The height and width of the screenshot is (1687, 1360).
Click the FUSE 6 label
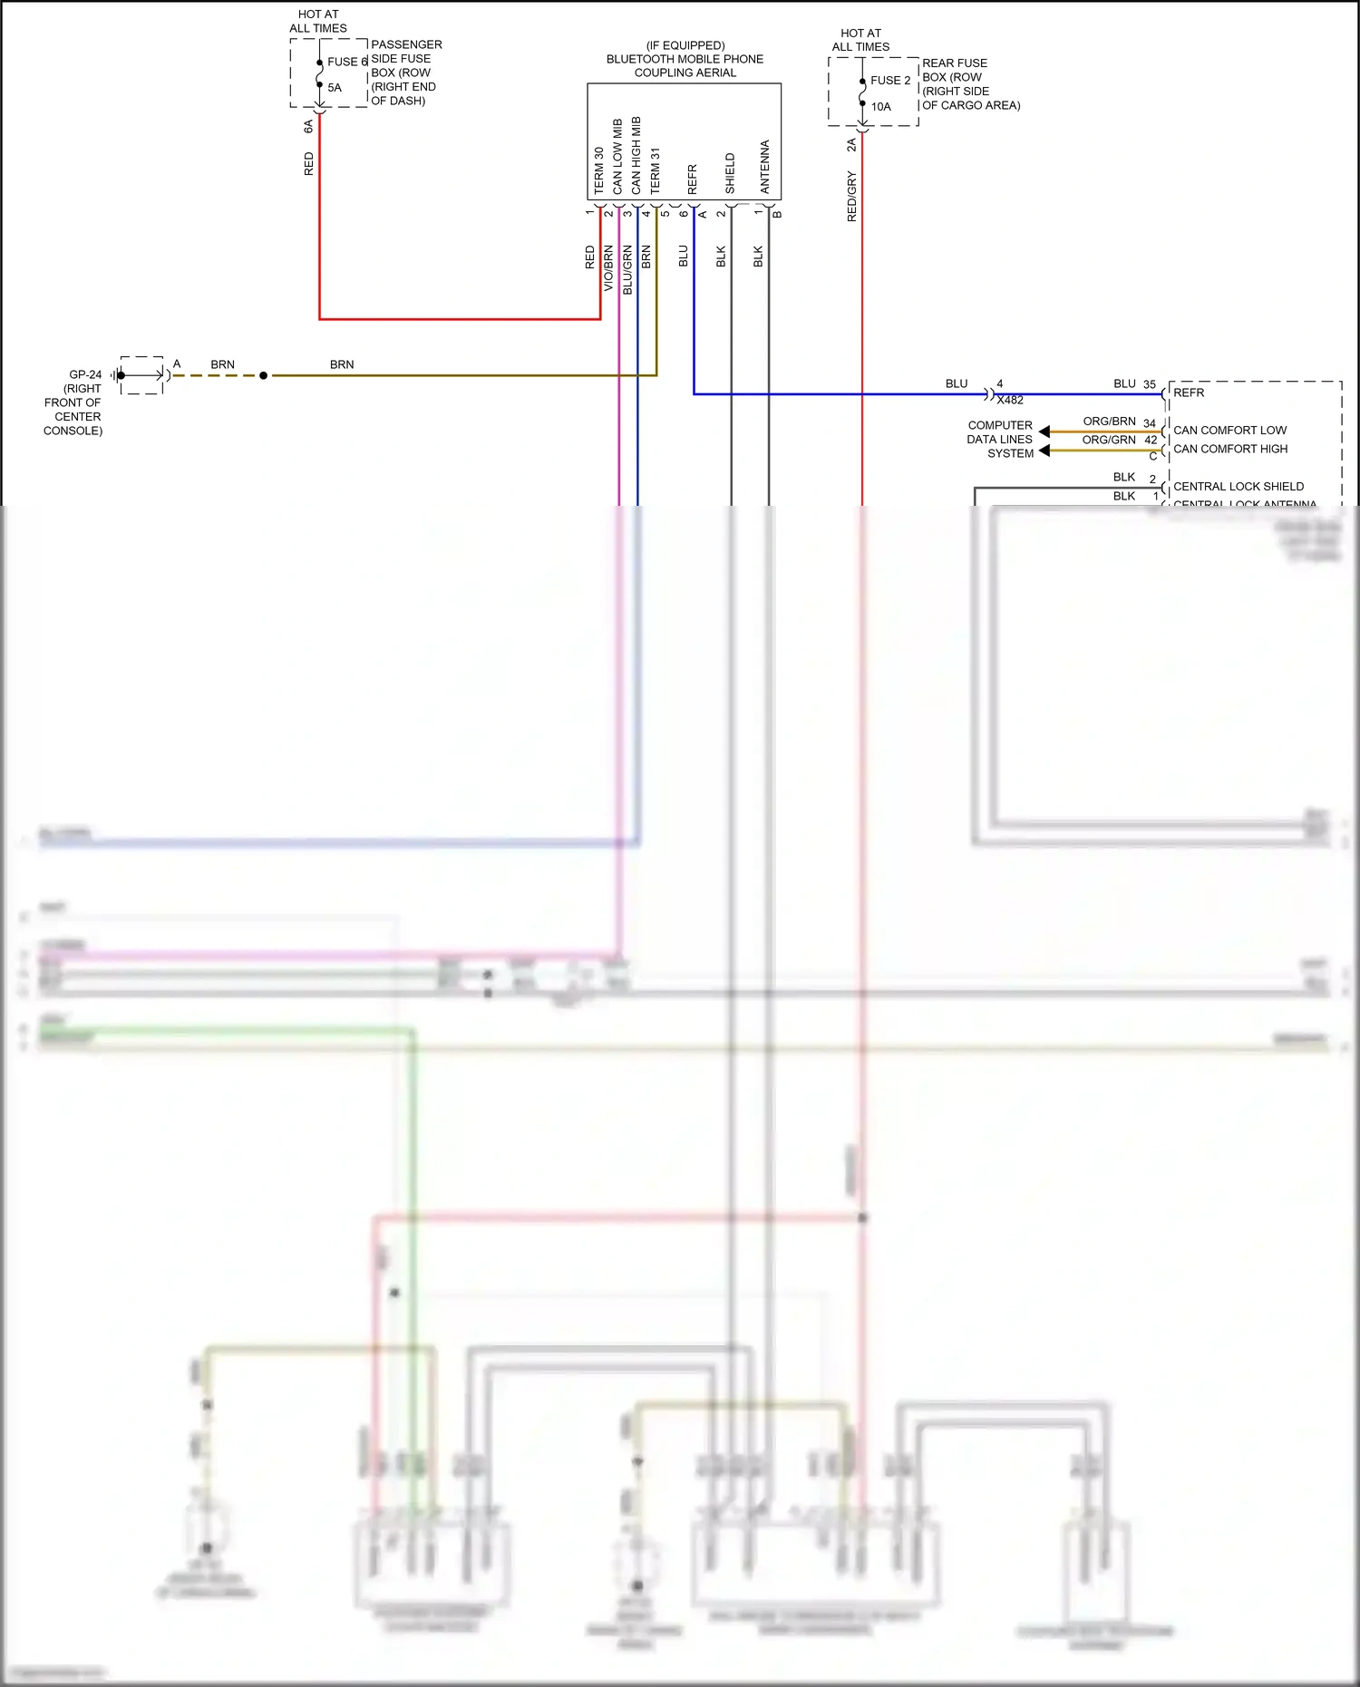click(x=347, y=62)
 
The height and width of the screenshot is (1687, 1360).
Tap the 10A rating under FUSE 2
click(x=881, y=107)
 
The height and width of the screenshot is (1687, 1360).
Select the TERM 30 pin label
click(x=598, y=170)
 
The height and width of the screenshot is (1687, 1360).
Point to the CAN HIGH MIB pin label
click(x=636, y=155)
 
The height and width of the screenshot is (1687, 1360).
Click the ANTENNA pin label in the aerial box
click(x=765, y=167)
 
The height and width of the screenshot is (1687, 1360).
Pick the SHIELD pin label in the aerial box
click(x=730, y=173)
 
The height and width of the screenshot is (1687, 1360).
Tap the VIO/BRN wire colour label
click(x=608, y=267)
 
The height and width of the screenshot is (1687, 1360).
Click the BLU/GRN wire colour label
click(x=627, y=269)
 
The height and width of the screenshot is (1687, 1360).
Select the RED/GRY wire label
click(x=851, y=196)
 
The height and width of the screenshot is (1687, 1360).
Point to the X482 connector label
click(x=1010, y=400)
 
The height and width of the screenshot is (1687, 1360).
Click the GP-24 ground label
click(x=85, y=374)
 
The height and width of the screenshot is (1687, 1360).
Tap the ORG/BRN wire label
click(x=1109, y=422)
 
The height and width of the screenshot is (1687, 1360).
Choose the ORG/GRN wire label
click(x=1109, y=440)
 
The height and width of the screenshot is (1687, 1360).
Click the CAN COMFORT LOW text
click(x=1230, y=431)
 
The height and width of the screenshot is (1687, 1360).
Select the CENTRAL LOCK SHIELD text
click(x=1239, y=487)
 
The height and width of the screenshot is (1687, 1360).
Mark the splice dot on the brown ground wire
click(x=264, y=375)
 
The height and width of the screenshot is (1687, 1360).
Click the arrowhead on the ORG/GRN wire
click(x=1044, y=451)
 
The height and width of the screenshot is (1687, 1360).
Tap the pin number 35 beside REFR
click(x=1150, y=384)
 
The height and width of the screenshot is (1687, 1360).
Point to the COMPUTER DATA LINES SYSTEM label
click(x=999, y=439)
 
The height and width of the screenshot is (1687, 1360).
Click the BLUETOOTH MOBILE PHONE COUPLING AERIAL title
click(x=685, y=59)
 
